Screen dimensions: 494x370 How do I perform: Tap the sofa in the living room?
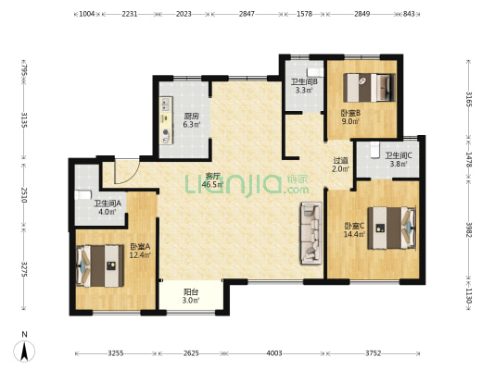(x=311, y=233)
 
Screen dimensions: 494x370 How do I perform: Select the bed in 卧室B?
(x=369, y=88)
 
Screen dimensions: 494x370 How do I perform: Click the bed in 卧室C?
(x=392, y=228)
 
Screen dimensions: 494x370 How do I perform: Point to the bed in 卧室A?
(x=100, y=266)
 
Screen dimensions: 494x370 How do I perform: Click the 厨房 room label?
(x=192, y=116)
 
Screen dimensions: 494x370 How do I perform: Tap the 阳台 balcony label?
(x=191, y=292)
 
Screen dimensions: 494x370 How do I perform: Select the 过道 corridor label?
(x=341, y=160)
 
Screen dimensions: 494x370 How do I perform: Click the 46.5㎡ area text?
(x=212, y=184)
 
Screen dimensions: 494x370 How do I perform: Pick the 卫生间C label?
(x=399, y=155)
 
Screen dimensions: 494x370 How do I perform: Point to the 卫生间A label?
(x=108, y=203)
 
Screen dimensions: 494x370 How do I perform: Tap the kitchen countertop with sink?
(x=166, y=121)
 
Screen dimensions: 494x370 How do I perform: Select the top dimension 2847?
(x=247, y=14)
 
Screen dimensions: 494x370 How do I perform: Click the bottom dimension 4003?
(x=274, y=353)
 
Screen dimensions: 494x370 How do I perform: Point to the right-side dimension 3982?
(x=469, y=230)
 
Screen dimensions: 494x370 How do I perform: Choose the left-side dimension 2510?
(x=24, y=195)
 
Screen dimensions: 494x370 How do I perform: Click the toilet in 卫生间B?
(x=315, y=73)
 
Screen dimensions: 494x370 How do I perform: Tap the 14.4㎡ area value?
(x=355, y=234)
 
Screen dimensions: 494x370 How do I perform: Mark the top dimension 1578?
(x=304, y=14)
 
